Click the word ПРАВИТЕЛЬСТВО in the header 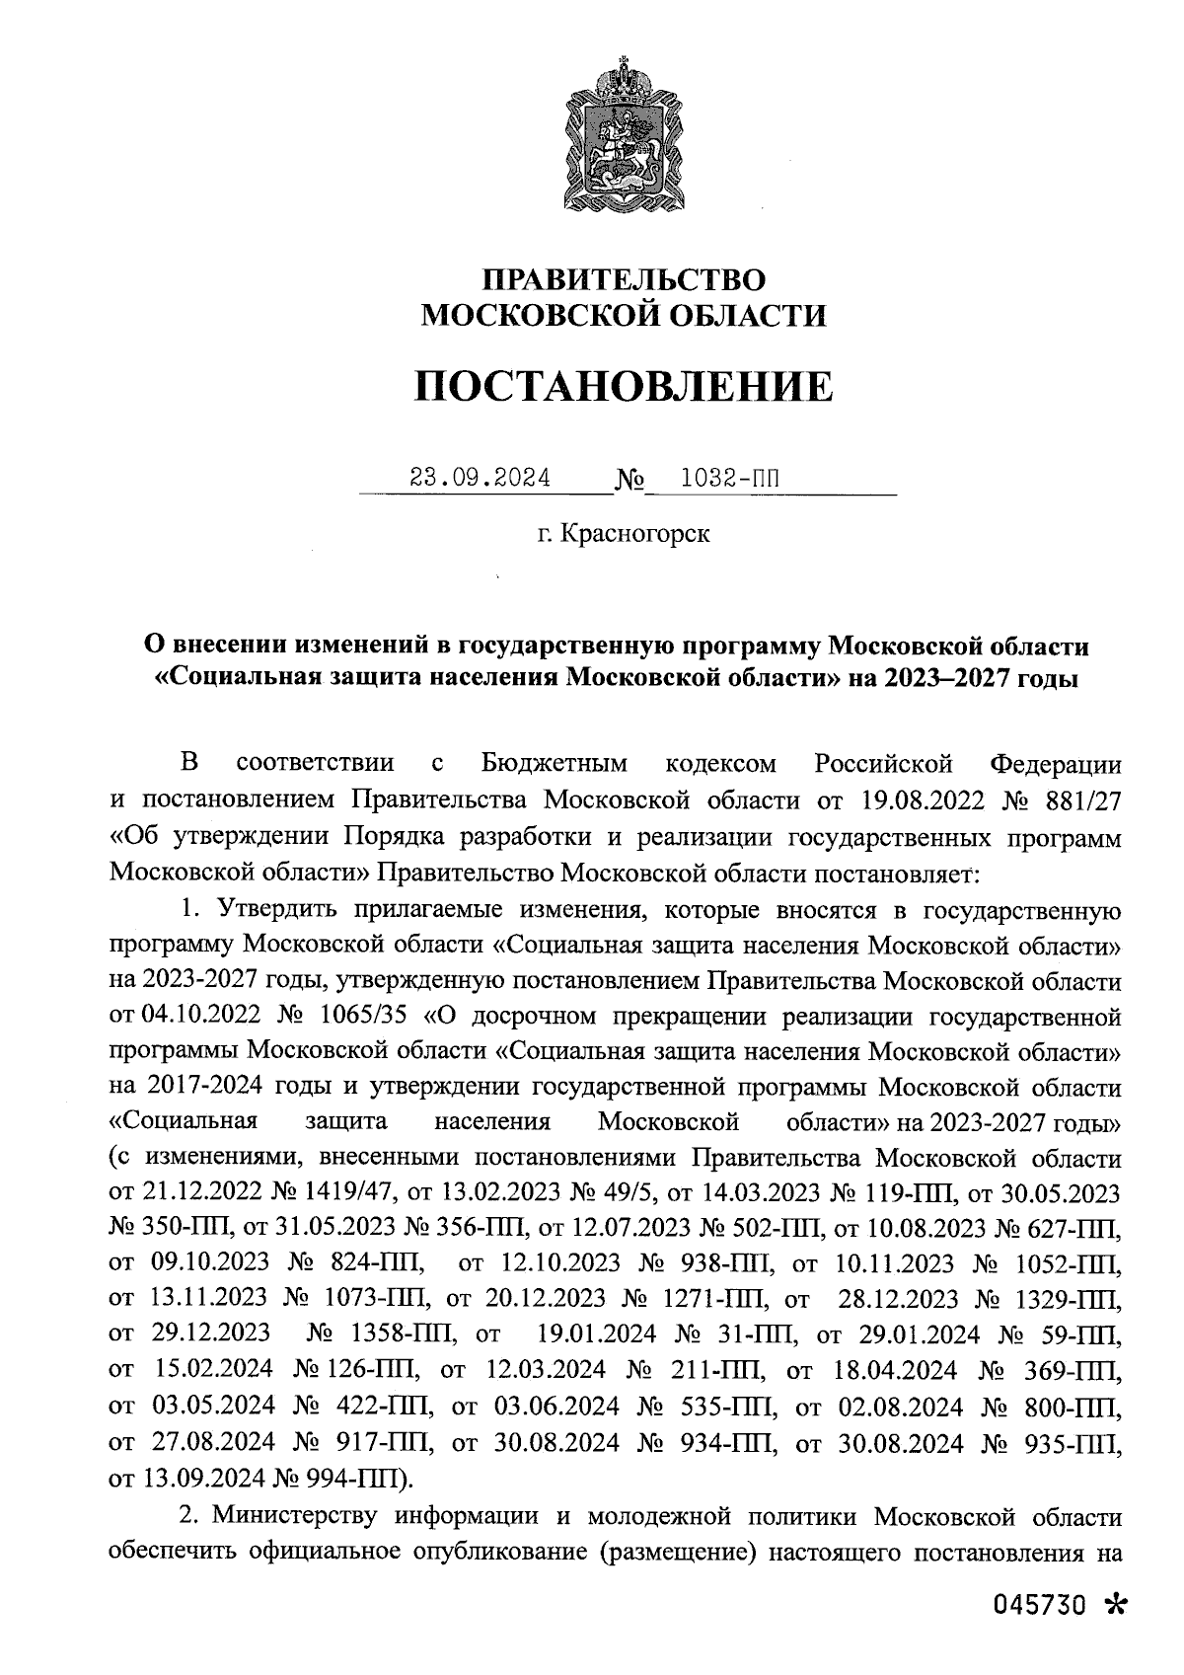pyautogui.click(x=623, y=279)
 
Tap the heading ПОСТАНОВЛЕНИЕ pyautogui.click(x=623, y=386)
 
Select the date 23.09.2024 pyautogui.click(x=481, y=478)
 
